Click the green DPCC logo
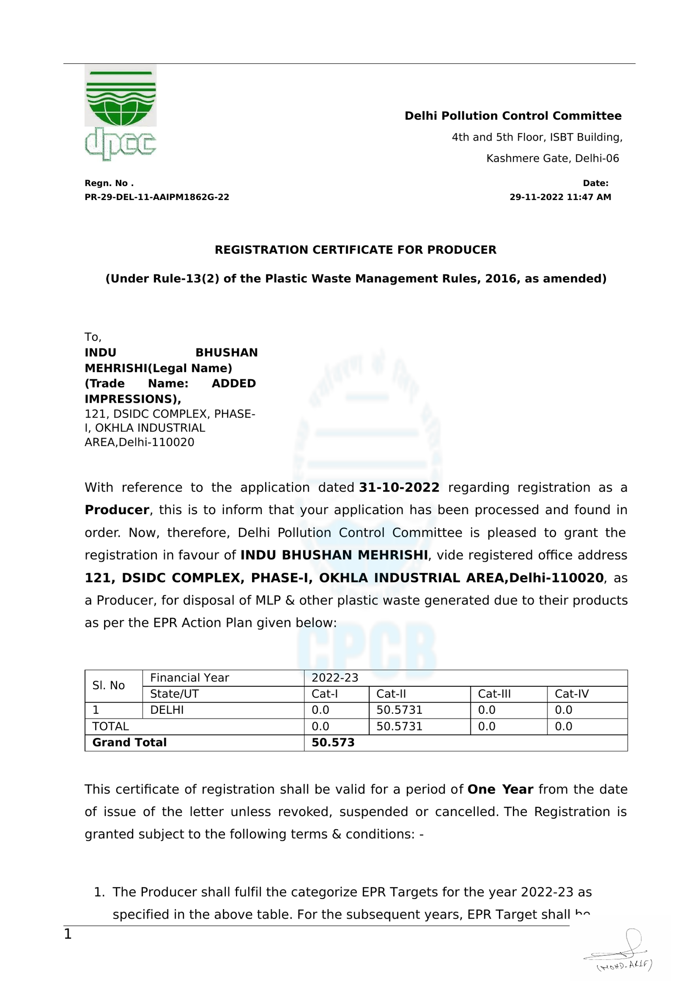[x=120, y=112]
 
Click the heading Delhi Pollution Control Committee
[x=512, y=116]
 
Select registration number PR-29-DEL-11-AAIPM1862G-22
[x=157, y=197]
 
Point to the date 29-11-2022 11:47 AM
[x=560, y=197]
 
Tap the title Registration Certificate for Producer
[x=355, y=250]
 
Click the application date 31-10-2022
[x=399, y=488]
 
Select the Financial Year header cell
[x=189, y=678]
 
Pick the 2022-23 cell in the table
[x=335, y=678]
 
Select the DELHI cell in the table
[x=167, y=710]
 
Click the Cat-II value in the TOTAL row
[x=399, y=726]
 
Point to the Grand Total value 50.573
[x=333, y=742]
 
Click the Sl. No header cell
[x=108, y=685]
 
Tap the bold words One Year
[x=500, y=789]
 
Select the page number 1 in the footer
[x=68, y=934]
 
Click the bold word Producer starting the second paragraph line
[x=117, y=510]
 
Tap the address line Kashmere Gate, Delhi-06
[x=553, y=158]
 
